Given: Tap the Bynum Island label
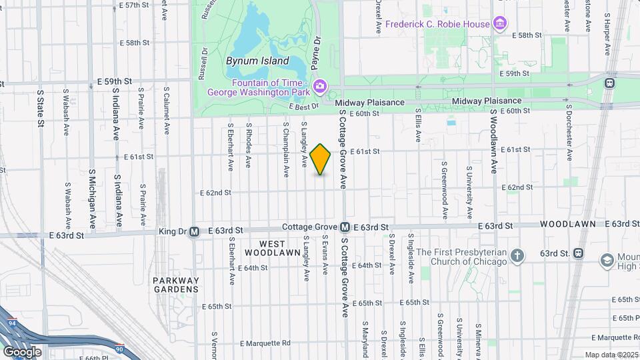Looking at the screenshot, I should [x=257, y=61].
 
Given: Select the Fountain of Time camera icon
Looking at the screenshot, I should [x=320, y=86].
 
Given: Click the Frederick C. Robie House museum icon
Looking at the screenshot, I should [x=500, y=25].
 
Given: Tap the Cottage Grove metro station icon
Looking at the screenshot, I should [x=345, y=227].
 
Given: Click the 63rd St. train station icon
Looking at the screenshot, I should [x=577, y=253].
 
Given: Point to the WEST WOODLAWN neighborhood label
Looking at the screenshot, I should [x=272, y=248].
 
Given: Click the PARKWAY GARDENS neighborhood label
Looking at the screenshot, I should [x=175, y=285].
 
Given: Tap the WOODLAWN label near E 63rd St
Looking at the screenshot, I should [x=568, y=224].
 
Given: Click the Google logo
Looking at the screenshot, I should [x=22, y=351].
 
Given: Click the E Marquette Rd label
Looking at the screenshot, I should [x=266, y=343].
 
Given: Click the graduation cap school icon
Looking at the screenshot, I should [x=607, y=259].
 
